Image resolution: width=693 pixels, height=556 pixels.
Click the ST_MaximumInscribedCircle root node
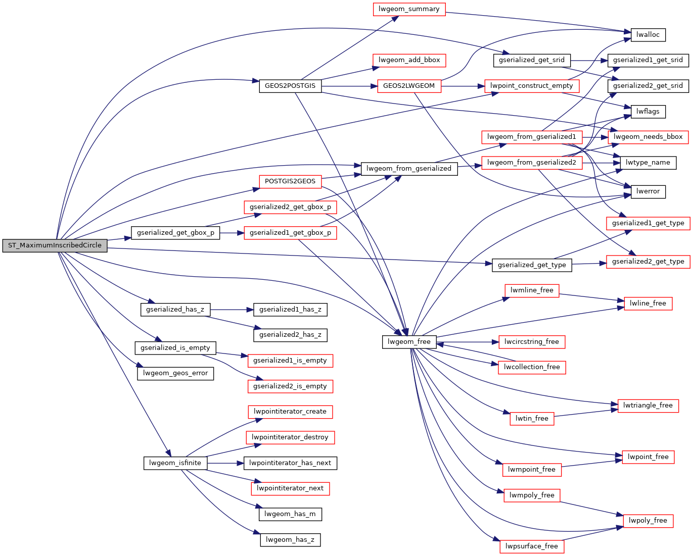point(55,245)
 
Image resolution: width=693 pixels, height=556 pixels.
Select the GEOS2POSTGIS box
point(290,86)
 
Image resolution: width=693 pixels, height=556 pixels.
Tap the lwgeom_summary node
point(409,9)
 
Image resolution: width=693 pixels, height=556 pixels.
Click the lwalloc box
point(648,35)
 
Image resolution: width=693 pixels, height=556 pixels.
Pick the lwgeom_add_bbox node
point(409,60)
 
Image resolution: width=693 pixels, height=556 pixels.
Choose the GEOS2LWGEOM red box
point(409,86)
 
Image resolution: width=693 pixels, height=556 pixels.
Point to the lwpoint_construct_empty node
point(531,86)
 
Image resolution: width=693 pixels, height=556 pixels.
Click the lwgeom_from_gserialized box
point(409,169)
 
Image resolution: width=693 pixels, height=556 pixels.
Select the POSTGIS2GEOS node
point(290,181)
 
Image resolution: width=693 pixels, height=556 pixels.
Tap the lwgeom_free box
point(409,342)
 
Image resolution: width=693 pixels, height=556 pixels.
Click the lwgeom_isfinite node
point(175,463)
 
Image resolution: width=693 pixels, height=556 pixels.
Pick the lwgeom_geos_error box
point(175,373)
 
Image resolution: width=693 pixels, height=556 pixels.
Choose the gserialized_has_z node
point(175,310)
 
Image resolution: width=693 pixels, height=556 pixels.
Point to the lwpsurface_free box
point(531,546)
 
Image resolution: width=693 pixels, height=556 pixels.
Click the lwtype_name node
point(648,163)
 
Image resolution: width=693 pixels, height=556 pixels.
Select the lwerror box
point(648,191)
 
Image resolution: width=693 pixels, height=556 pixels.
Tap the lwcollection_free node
point(531,367)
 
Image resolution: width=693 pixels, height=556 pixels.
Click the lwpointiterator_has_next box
point(290,463)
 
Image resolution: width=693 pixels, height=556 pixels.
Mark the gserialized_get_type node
point(532,265)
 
